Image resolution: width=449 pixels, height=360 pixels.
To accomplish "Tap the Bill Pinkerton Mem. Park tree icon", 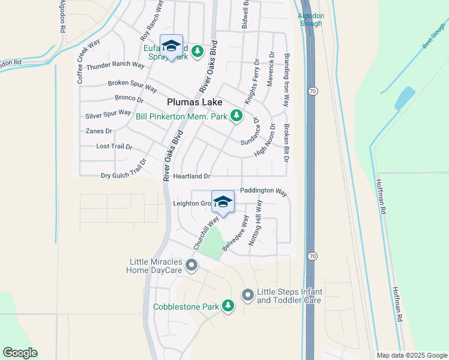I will [237, 115].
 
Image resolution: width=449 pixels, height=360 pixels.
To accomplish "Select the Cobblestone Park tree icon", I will [228, 306].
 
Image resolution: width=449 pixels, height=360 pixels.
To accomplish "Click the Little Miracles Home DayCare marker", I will [191, 265].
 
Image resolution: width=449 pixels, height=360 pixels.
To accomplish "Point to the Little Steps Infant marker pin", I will [247, 295].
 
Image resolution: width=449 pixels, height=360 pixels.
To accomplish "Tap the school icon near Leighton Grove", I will [223, 202].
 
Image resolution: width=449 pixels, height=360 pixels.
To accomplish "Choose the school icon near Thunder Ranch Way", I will [171, 46].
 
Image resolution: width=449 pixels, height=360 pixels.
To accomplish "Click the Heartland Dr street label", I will [191, 176].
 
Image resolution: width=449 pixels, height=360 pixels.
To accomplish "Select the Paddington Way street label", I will [263, 191].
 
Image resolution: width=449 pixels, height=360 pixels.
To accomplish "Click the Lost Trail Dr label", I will [114, 146].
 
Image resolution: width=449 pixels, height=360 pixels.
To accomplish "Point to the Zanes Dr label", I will [99, 131].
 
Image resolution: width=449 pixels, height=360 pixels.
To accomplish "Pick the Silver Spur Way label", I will [108, 113].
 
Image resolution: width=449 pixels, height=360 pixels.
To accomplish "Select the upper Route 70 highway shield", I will [311, 91].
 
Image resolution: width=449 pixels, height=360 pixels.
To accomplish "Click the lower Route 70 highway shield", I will [310, 255].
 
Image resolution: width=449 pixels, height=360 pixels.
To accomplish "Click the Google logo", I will [20, 353].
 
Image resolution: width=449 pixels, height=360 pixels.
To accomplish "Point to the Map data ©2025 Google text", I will [411, 355].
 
